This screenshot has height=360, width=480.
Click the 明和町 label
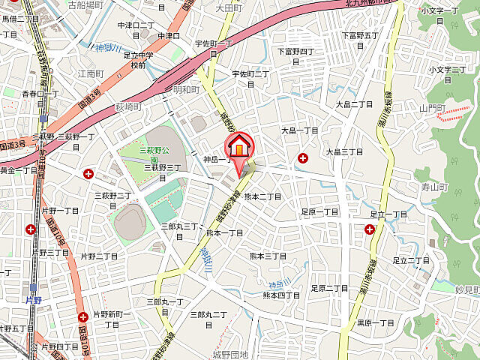[x=187, y=89]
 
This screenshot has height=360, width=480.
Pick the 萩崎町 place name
[x=128, y=108]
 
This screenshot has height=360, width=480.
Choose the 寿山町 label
[x=433, y=187]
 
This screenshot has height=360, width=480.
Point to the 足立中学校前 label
[x=138, y=60]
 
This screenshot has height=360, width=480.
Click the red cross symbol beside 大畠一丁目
[x=303, y=158]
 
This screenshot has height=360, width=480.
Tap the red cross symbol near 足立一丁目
[x=370, y=229]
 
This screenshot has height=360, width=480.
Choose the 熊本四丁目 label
[x=282, y=295]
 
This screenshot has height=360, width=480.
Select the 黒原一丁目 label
[x=375, y=322]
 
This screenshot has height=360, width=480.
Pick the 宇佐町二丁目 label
[x=250, y=78]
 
